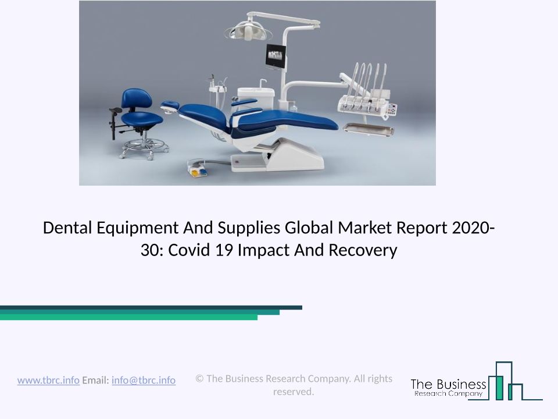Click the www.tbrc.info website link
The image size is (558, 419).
click(x=48, y=380)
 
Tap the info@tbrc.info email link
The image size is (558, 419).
click(x=144, y=380)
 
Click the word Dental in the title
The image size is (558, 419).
click(x=67, y=228)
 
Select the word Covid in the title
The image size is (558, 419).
click(x=189, y=250)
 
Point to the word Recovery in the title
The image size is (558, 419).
click(x=363, y=250)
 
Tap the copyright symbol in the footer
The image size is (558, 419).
click(x=199, y=378)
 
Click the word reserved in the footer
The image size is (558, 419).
click(x=292, y=392)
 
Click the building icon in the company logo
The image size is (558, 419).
click(x=505, y=381)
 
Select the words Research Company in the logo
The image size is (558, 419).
click(x=448, y=393)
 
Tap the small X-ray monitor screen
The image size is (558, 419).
click(x=276, y=56)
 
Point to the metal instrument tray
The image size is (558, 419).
click(x=369, y=129)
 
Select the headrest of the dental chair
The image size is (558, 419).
click(x=170, y=105)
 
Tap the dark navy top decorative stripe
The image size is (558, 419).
click(x=151, y=307)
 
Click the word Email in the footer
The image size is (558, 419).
click(x=95, y=380)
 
